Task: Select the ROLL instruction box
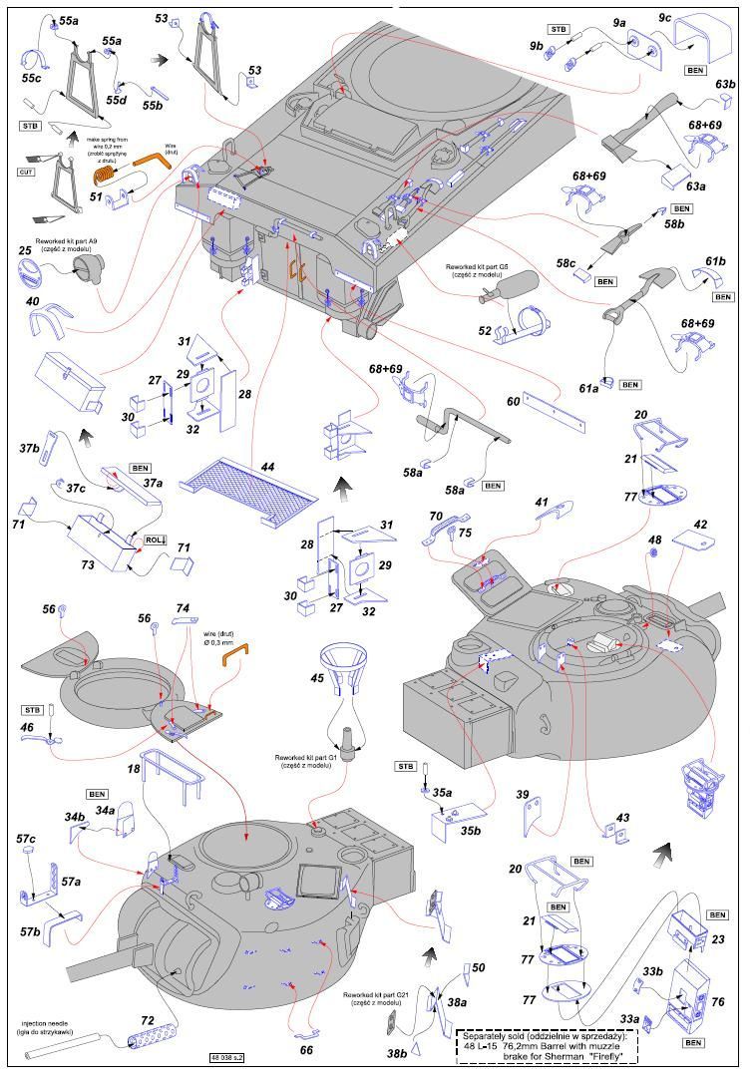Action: coord(154,540)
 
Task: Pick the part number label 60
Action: coord(513,401)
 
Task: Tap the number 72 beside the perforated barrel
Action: coord(147,1021)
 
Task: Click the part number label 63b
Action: coord(725,85)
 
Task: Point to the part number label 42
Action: coord(700,525)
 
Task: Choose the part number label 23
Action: coord(718,938)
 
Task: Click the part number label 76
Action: coord(718,1002)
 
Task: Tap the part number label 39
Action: coord(522,795)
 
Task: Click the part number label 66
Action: coord(306,1049)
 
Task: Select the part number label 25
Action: coord(25,250)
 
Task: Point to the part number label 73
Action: coord(88,564)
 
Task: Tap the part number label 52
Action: coord(485,330)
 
